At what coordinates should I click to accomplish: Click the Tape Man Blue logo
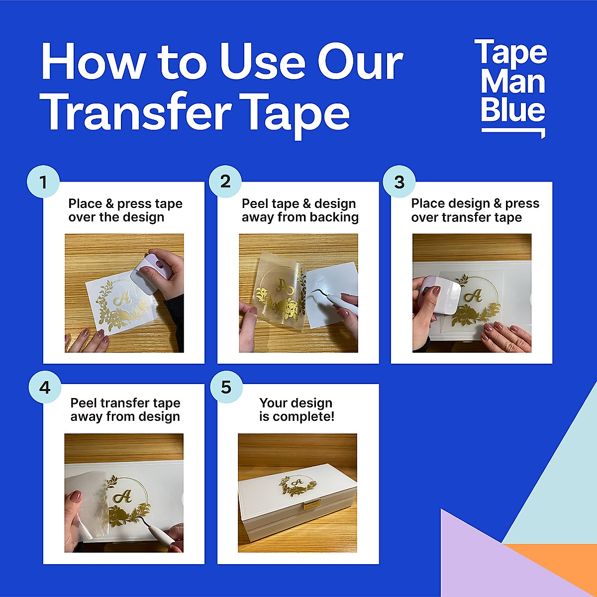pyautogui.click(x=512, y=87)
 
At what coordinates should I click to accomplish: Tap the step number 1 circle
pyautogui.click(x=43, y=182)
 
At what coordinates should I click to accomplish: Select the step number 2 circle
pyautogui.click(x=225, y=182)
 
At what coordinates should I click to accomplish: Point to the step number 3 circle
pyautogui.click(x=399, y=182)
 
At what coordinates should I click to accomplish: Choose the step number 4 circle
pyautogui.click(x=45, y=387)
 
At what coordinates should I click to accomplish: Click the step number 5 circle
pyautogui.click(x=226, y=387)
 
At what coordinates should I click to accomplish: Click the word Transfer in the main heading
pyautogui.click(x=136, y=113)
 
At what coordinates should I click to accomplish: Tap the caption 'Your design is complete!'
pyautogui.click(x=297, y=409)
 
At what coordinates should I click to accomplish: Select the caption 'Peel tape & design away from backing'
pyautogui.click(x=300, y=210)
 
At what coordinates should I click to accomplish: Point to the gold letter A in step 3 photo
pyautogui.click(x=473, y=296)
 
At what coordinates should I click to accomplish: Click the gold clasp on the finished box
pyautogui.click(x=312, y=505)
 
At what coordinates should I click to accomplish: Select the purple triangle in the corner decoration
pyautogui.click(x=478, y=557)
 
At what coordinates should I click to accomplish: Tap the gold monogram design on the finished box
pyautogui.click(x=297, y=486)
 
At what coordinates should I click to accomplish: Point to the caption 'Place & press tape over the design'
pyautogui.click(x=125, y=210)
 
